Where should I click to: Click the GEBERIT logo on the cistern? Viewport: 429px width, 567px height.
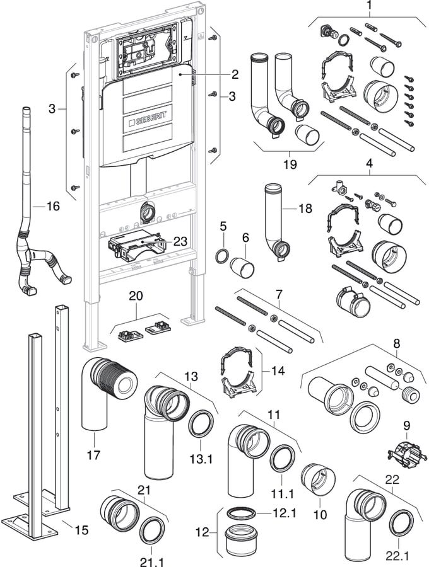point(148,118)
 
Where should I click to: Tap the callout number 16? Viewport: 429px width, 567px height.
point(53,206)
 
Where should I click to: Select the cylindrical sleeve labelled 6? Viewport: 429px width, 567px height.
point(243,267)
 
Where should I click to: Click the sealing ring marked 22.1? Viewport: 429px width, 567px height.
point(402,523)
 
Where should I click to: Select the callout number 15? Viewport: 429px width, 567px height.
point(81,530)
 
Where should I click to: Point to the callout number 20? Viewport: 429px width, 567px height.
point(136,295)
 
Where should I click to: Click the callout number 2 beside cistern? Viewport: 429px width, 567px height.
point(234,74)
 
